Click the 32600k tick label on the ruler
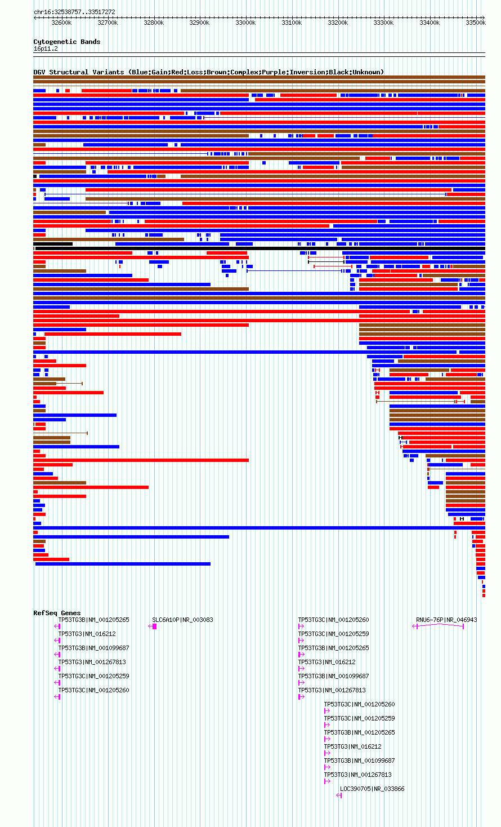(x=61, y=23)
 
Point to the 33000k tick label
(x=245, y=23)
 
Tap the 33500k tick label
(x=476, y=23)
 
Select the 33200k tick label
(x=338, y=23)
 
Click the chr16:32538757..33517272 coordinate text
(x=74, y=12)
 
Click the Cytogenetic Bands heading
(x=67, y=42)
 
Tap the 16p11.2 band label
(x=46, y=49)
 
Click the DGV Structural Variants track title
(x=209, y=72)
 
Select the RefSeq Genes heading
(x=57, y=613)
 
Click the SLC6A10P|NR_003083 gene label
(x=182, y=620)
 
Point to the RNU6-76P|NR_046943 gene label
(x=446, y=620)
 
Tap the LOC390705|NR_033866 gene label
(x=372, y=789)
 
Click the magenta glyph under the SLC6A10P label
(x=153, y=626)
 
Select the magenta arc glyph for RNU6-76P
(x=439, y=624)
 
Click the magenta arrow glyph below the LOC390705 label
(x=339, y=795)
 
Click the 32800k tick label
(x=154, y=23)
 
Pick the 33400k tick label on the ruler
(x=430, y=23)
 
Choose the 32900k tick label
(x=200, y=23)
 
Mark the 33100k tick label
(x=292, y=23)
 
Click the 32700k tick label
(x=108, y=23)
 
